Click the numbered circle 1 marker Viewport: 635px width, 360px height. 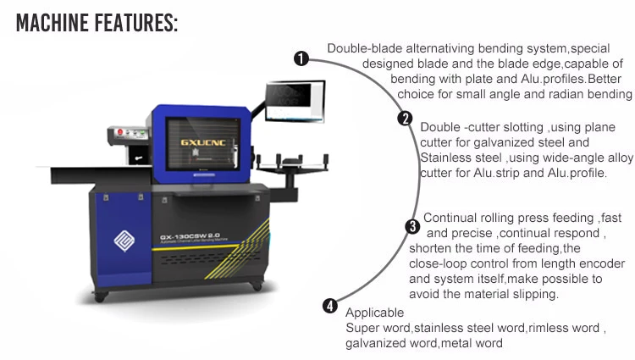pyautogui.click(x=300, y=58)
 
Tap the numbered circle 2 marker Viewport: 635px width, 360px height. pyautogui.click(x=406, y=119)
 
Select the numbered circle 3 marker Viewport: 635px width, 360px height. pyautogui.click(x=412, y=226)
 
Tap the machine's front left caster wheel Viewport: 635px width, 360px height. pyautogui.click(x=101, y=296)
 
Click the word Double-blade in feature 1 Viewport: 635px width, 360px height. pyautogui.click(x=362, y=48)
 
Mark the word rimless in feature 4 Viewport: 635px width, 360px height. pyautogui.click(x=549, y=328)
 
